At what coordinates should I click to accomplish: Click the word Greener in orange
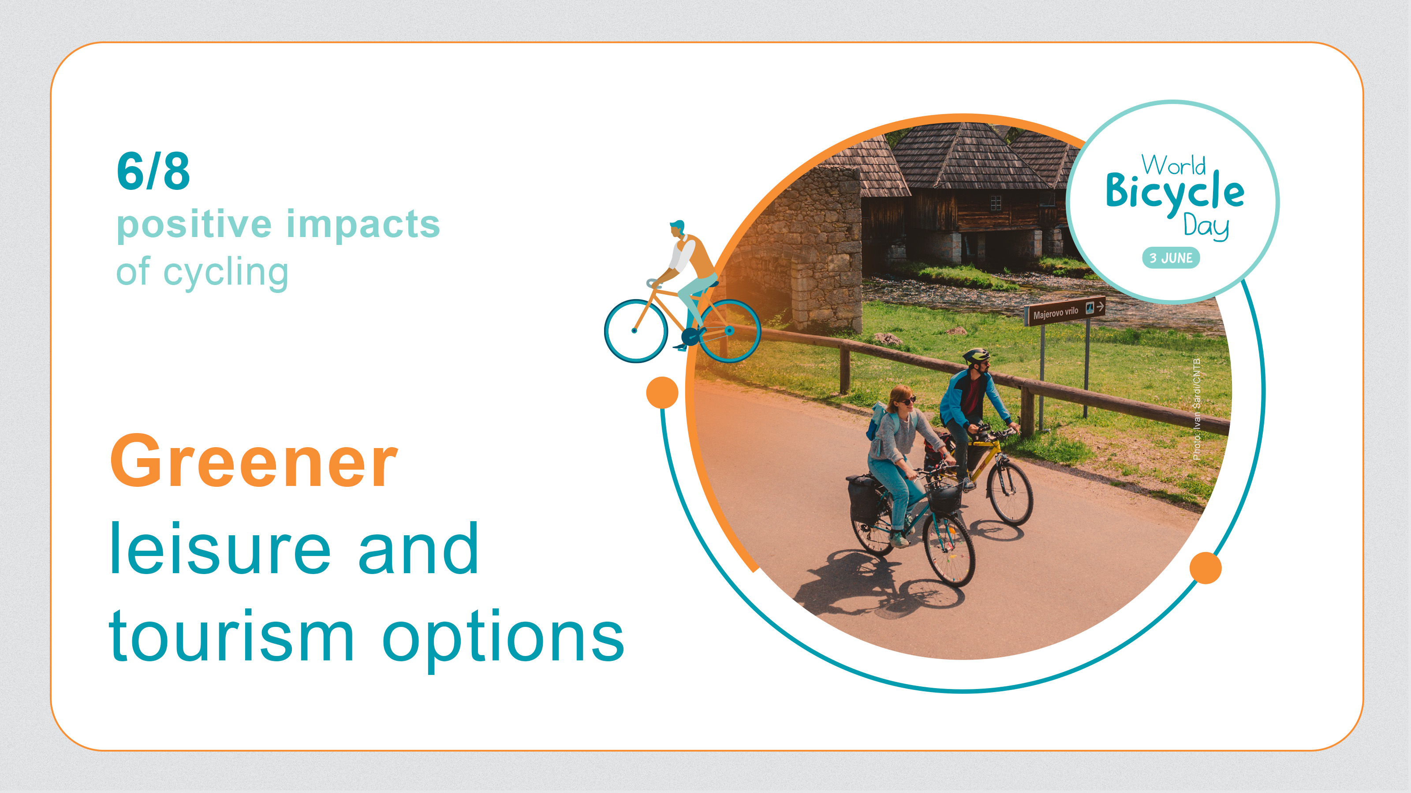pyautogui.click(x=254, y=460)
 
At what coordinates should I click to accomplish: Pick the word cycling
pyautogui.click(x=226, y=273)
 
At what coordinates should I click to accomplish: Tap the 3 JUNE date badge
pyautogui.click(x=1171, y=258)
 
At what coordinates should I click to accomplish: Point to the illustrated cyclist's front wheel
pyautogui.click(x=635, y=330)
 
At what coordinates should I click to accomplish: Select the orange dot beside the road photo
pyautogui.click(x=662, y=393)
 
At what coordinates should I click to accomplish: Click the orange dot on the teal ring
pyautogui.click(x=1206, y=568)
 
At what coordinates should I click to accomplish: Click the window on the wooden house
pyautogui.click(x=996, y=203)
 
